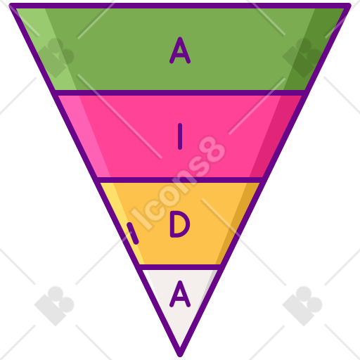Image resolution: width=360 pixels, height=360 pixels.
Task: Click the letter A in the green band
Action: point(180,51)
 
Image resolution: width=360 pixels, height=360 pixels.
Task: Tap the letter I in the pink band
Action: point(180,136)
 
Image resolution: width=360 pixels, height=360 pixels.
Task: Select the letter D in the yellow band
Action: point(180,224)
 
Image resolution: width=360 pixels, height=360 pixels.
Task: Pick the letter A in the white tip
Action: point(180,294)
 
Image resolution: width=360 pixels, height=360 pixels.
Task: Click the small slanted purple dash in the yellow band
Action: point(133,233)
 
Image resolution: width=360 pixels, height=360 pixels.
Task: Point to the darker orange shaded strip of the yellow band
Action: point(238,224)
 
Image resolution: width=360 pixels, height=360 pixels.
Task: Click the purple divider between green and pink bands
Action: point(180,93)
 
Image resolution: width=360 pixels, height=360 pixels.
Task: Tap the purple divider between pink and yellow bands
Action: point(180,180)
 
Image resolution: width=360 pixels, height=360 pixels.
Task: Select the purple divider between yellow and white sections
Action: point(180,267)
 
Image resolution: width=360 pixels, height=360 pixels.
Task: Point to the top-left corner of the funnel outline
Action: point(11,5)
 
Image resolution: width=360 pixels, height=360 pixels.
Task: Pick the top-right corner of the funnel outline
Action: point(349,5)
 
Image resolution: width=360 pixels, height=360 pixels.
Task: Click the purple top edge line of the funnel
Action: point(180,6)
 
